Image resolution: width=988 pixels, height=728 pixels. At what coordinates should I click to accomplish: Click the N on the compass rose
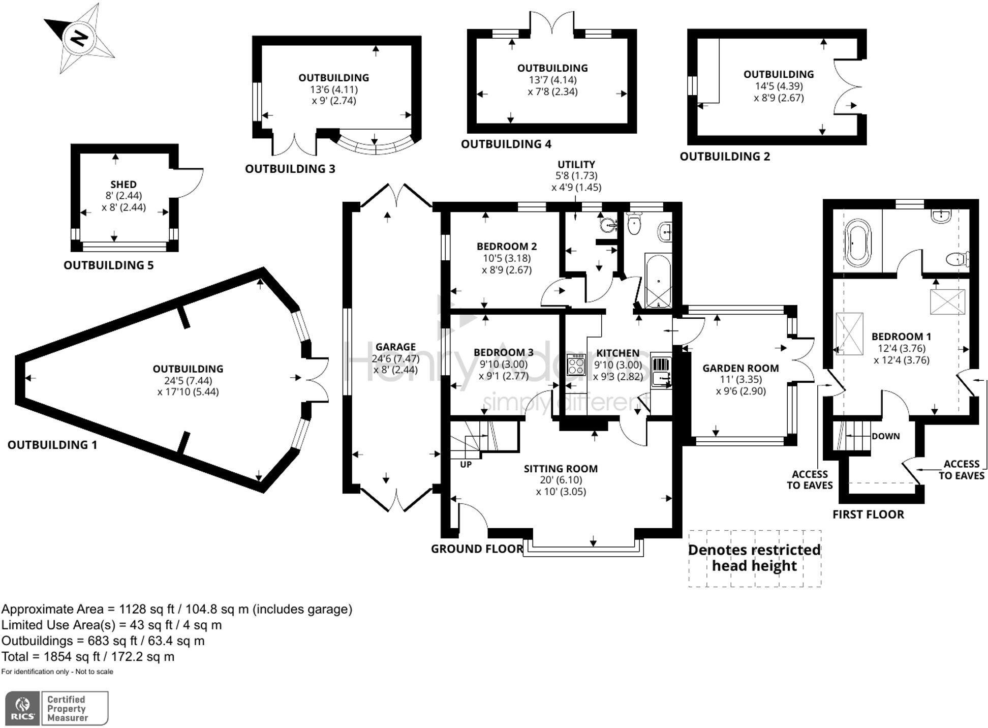pyautogui.click(x=79, y=38)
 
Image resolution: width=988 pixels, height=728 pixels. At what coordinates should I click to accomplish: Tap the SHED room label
pyautogui.click(x=123, y=184)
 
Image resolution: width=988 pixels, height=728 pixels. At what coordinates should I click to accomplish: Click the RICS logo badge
pyautogui.click(x=22, y=708)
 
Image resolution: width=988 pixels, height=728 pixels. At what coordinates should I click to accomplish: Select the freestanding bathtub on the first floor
pyautogui.click(x=857, y=243)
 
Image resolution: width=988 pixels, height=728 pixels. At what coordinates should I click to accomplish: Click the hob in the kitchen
pyautogui.click(x=576, y=364)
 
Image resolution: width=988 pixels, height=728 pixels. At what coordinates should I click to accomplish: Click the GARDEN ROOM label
pyautogui.click(x=740, y=368)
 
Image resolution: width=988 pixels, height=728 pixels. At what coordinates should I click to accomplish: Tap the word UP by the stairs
pyautogui.click(x=466, y=464)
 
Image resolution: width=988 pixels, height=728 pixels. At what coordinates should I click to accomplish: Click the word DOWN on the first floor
pyautogui.click(x=885, y=436)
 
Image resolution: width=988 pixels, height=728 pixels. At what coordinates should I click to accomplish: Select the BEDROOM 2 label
pyautogui.click(x=506, y=247)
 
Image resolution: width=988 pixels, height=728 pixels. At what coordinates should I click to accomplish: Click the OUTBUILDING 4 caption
pyautogui.click(x=506, y=144)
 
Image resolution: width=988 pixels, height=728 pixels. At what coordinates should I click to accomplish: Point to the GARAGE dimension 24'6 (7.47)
pyautogui.click(x=395, y=358)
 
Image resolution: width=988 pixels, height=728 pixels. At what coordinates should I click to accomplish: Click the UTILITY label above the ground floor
pyautogui.click(x=576, y=164)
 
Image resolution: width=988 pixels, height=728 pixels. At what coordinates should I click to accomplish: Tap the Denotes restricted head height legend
pyautogui.click(x=755, y=558)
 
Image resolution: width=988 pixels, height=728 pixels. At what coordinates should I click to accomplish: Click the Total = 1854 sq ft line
pyautogui.click(x=88, y=656)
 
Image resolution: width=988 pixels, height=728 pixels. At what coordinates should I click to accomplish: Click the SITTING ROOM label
pyautogui.click(x=561, y=469)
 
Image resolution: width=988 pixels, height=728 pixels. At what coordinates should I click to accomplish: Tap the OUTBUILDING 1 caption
pyautogui.click(x=52, y=445)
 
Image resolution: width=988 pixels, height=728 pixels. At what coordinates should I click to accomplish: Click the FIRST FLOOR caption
pyautogui.click(x=868, y=514)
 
